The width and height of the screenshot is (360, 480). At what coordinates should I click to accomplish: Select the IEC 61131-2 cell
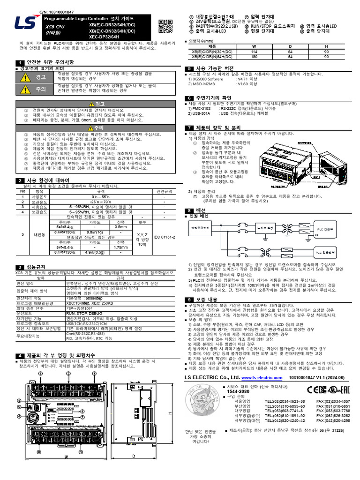pyautogui.click(x=164, y=238)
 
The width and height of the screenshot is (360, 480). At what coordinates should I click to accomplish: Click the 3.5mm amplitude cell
pyautogui.click(x=120, y=227)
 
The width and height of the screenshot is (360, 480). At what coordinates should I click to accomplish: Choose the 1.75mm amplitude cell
pyautogui.click(x=120, y=247)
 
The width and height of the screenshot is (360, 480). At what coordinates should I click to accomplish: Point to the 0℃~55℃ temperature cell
pyautogui.click(x=97, y=196)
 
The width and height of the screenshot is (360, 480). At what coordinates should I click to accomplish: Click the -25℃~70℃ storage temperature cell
pyautogui.click(x=97, y=202)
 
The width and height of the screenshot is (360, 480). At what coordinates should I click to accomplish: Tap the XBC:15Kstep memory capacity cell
pyautogui.click(x=90, y=304)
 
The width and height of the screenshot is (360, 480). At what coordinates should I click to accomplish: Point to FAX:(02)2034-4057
pyautogui.click(x=333, y=402)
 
